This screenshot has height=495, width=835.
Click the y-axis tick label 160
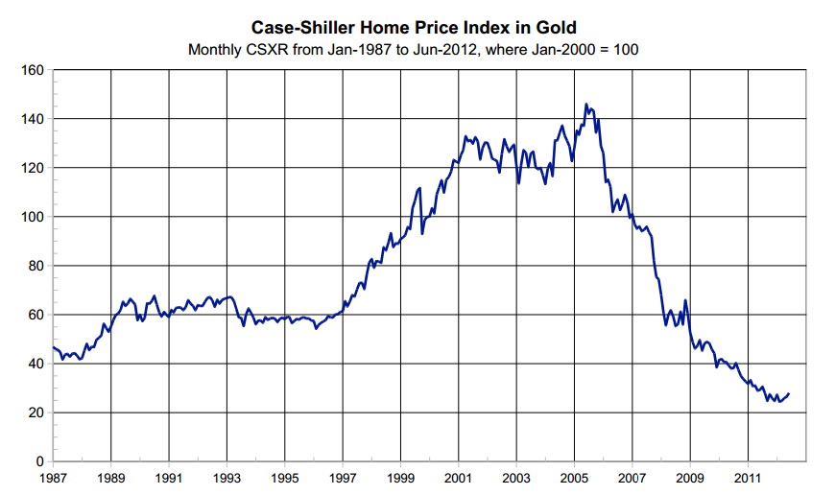pyautogui.click(x=35, y=70)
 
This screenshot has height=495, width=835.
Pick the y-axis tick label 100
pyautogui.click(x=35, y=217)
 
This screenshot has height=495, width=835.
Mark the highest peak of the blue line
pyautogui.click(x=585, y=104)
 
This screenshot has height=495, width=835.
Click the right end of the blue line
pyautogui.click(x=789, y=393)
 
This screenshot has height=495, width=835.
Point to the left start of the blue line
pyautogui.click(x=54, y=347)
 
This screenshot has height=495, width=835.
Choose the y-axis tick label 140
pyautogui.click(x=35, y=119)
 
